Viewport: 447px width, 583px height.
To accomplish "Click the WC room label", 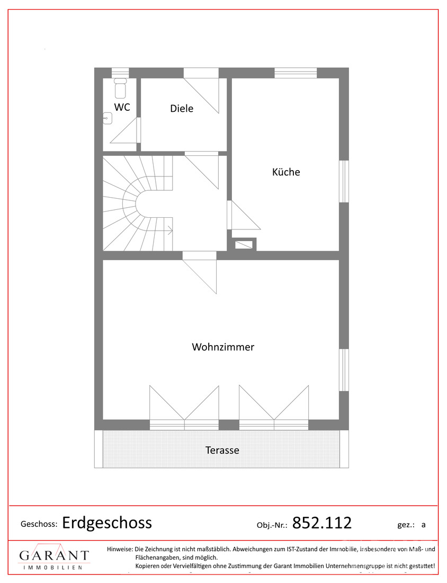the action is (122, 107).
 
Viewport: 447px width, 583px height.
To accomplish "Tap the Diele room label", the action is (182, 109).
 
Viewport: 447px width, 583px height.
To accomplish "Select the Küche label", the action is (286, 172).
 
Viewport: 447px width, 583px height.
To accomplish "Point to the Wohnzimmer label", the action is (223, 347).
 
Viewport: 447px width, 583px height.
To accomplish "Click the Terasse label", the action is (222, 450).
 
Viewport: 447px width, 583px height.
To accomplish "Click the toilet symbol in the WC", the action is (120, 88).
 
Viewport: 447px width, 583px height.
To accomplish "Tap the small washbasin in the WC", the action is (108, 118).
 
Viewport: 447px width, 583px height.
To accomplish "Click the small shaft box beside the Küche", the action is (244, 244).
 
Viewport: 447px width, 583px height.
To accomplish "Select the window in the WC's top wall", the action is (120, 73).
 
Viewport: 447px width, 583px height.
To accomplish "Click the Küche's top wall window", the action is (296, 73).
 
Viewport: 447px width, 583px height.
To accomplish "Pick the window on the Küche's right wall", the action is (344, 181).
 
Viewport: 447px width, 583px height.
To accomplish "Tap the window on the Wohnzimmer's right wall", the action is (344, 370).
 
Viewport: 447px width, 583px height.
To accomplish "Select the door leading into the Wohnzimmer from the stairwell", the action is (200, 272).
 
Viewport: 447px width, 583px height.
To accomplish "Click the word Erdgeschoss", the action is (107, 523).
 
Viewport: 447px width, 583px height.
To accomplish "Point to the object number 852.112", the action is (322, 523).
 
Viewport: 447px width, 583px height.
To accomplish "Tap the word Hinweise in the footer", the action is (120, 549).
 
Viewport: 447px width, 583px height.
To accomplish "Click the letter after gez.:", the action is (423, 525).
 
